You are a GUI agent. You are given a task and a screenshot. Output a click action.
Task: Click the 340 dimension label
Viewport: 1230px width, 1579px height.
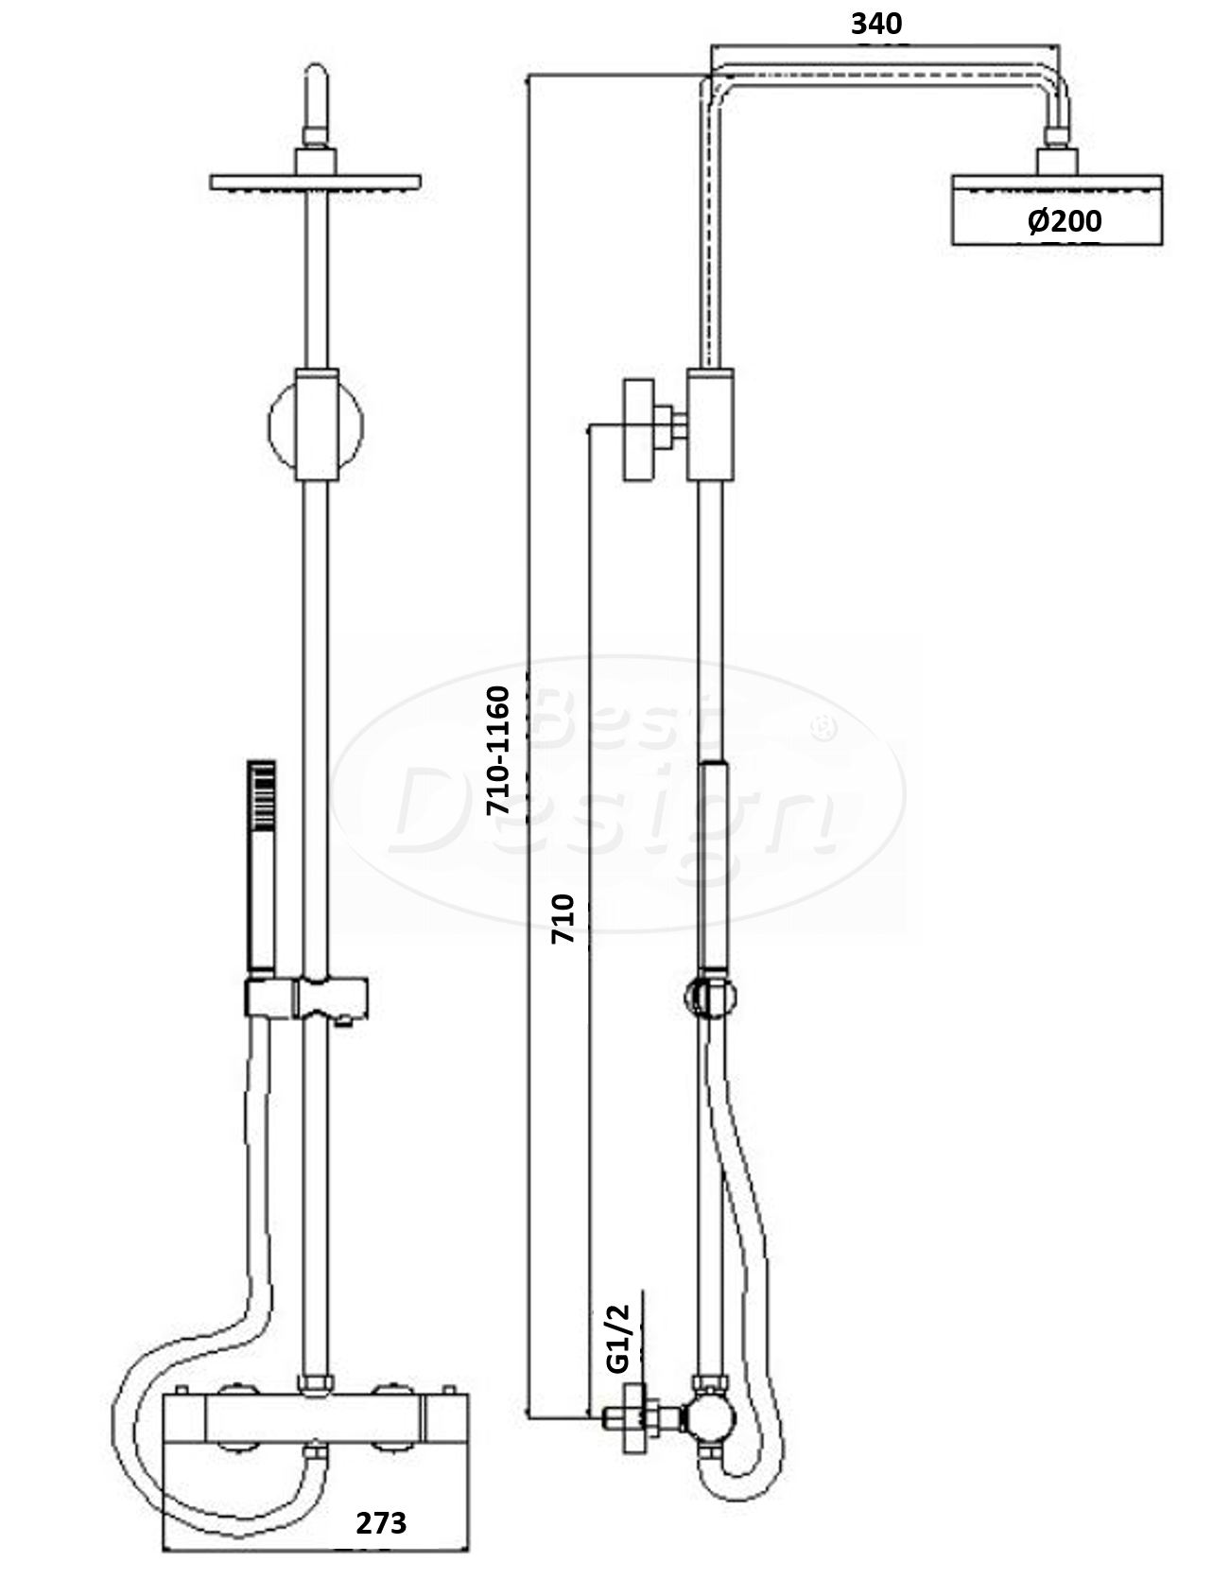click(876, 24)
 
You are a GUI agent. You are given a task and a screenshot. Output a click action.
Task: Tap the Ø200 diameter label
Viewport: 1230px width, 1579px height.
click(1065, 221)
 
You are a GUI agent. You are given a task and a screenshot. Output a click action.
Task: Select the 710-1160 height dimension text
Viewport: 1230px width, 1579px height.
click(497, 751)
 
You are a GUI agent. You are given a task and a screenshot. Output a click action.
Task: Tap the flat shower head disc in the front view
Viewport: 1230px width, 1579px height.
click(315, 182)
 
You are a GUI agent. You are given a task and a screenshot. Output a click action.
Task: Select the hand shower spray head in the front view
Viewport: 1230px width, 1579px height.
click(262, 789)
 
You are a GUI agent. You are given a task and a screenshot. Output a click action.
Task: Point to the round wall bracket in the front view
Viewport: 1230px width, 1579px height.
click(315, 425)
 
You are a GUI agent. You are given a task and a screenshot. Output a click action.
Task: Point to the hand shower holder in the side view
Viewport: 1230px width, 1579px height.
click(710, 997)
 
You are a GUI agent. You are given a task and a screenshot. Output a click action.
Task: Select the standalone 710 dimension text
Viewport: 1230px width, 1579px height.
click(563, 917)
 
